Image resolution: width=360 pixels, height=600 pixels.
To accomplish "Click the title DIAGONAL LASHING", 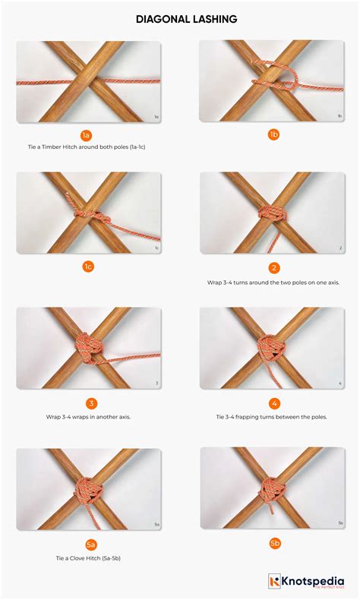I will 180,19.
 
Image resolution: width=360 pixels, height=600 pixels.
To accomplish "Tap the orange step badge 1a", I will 87,135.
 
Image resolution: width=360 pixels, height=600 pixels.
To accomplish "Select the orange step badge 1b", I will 273,135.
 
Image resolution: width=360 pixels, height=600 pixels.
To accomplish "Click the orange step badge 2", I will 273,267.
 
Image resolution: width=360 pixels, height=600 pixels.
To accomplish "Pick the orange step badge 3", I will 91,403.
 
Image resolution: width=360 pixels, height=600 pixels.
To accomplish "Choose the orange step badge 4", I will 274,403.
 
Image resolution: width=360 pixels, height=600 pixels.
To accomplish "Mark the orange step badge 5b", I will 273,544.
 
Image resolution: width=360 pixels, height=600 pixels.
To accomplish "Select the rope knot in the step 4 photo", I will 270,348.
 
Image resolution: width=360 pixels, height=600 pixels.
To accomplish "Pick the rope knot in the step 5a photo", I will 86,488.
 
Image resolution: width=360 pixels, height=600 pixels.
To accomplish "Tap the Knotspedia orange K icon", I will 274,582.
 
